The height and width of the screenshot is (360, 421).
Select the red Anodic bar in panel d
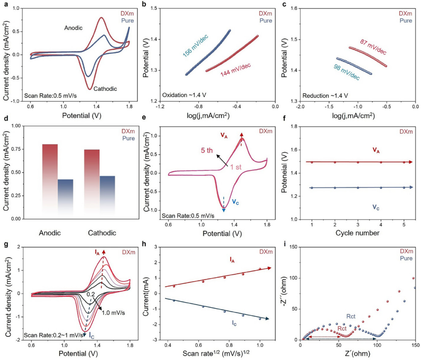coord(50,181)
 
